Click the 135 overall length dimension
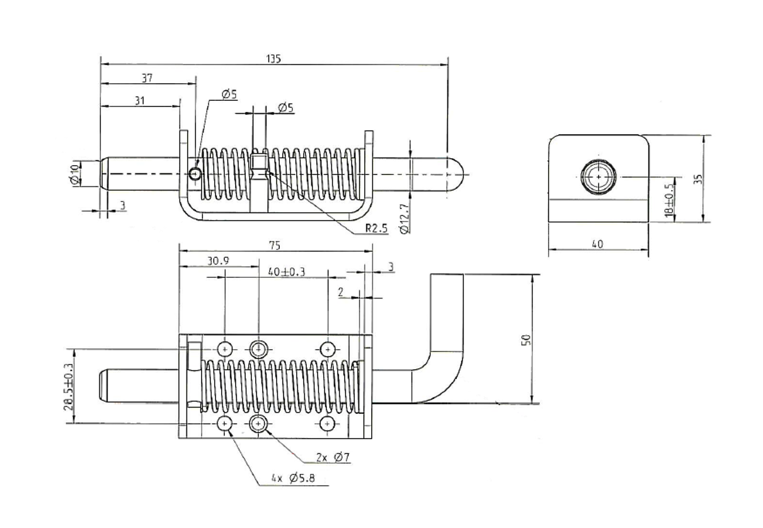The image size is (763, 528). click(273, 58)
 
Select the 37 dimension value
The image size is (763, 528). click(147, 78)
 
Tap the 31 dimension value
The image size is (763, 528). click(139, 100)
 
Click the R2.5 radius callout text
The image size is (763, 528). click(376, 228)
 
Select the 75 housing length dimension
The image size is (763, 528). click(274, 245)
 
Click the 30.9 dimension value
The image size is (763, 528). click(218, 260)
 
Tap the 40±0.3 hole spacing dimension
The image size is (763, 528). click(286, 272)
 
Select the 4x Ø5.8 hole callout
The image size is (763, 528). click(294, 479)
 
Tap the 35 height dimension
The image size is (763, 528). click(697, 178)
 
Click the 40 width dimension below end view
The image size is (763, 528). click(597, 244)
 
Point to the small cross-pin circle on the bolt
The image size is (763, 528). click(196, 173)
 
